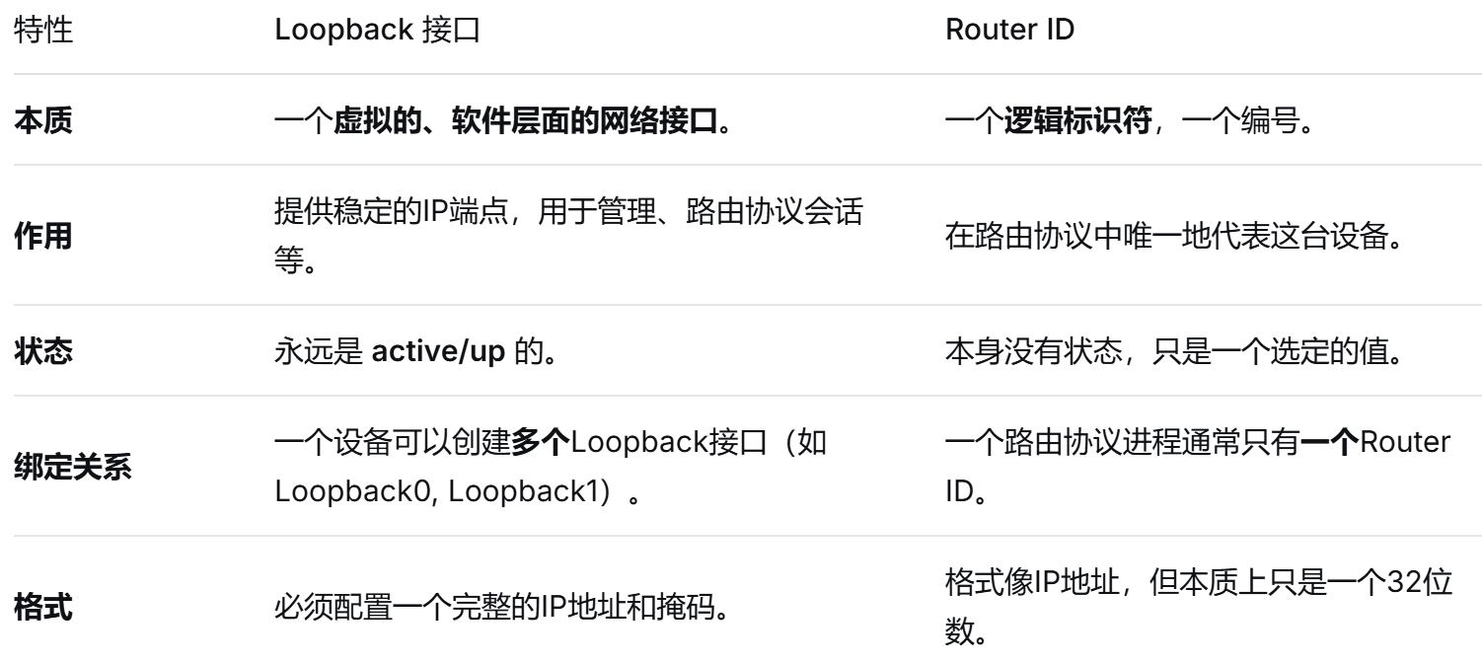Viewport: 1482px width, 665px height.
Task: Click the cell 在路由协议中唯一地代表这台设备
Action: [x=1174, y=241]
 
